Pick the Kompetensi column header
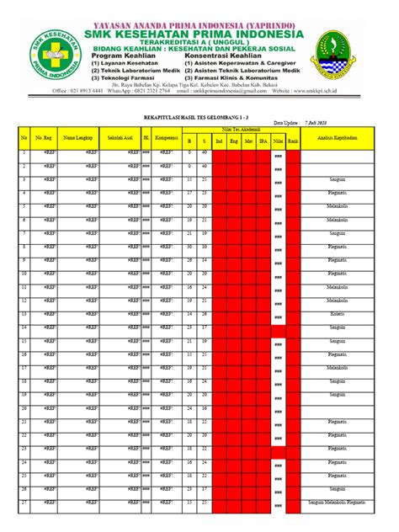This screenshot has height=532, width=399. (166, 136)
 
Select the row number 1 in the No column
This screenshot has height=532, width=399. (24, 152)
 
